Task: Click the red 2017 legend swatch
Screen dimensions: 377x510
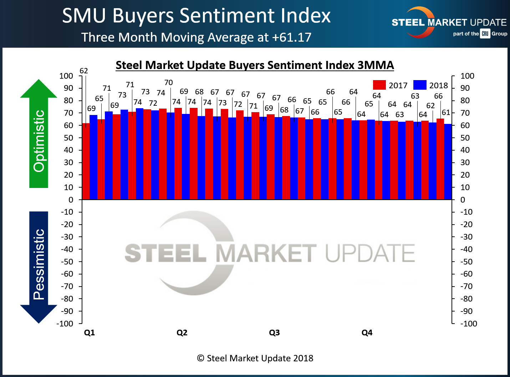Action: coord(379,85)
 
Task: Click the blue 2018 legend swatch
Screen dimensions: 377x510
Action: coord(420,85)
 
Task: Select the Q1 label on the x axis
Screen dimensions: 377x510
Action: coord(89,333)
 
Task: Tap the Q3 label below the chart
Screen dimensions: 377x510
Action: coord(274,333)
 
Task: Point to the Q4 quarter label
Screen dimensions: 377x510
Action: coord(367,333)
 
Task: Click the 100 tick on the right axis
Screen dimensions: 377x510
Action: coord(467,76)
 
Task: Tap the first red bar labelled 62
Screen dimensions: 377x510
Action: coord(86,162)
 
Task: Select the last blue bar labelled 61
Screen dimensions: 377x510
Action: coord(448,162)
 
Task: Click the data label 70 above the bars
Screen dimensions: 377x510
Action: coord(168,83)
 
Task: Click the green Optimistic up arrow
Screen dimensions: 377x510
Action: coord(39,135)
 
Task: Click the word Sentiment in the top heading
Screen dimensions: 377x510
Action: coord(227,16)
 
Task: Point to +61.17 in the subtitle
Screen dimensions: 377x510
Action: coord(291,37)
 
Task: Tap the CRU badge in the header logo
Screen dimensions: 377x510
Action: coord(485,34)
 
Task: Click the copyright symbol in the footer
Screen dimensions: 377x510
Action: coord(200,358)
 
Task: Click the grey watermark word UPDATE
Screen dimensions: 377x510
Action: coord(370,253)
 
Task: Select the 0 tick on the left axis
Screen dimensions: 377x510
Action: coord(71,200)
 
